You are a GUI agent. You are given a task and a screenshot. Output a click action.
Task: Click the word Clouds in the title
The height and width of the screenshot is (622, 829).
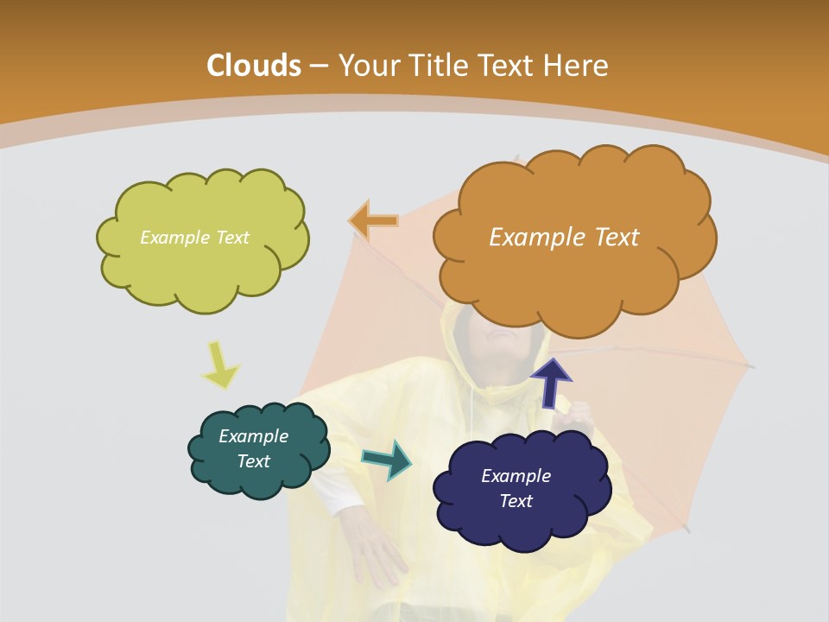pyautogui.click(x=254, y=66)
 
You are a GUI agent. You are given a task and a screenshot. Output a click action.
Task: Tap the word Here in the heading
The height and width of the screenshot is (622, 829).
pyautogui.click(x=576, y=66)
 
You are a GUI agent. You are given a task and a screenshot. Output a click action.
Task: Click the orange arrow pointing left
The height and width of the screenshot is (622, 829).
pyautogui.click(x=374, y=221)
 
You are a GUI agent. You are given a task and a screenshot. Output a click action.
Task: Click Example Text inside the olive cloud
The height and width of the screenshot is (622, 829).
pyautogui.click(x=194, y=238)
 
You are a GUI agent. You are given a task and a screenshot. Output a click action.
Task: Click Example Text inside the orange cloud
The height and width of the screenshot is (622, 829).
pyautogui.click(x=564, y=238)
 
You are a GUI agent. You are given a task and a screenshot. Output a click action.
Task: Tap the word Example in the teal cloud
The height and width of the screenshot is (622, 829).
pyautogui.click(x=253, y=436)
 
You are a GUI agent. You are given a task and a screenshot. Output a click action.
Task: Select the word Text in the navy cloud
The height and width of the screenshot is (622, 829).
pyautogui.click(x=516, y=501)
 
